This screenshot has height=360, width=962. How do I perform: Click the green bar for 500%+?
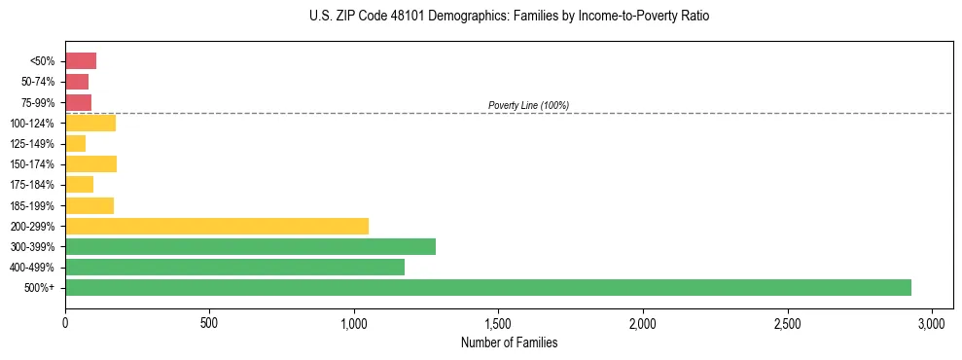click(x=487, y=287)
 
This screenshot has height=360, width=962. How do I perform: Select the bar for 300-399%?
click(x=250, y=246)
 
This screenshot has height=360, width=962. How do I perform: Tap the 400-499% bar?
click(x=234, y=267)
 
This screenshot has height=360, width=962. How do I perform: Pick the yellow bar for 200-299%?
click(x=217, y=226)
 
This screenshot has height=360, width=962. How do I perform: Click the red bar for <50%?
click(x=81, y=61)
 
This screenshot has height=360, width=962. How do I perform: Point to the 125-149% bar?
click(x=76, y=144)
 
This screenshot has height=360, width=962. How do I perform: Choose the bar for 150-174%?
click(x=90, y=164)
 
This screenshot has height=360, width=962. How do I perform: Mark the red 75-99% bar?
click(x=78, y=102)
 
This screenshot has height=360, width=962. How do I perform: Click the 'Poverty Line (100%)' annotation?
click(x=528, y=105)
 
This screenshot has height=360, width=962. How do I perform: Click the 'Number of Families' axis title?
click(x=509, y=342)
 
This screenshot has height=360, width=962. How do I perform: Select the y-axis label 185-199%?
click(x=32, y=205)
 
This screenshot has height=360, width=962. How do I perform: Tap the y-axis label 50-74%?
click(x=37, y=82)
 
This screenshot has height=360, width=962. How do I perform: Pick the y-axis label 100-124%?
click(x=32, y=124)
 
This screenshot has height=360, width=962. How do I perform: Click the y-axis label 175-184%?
click(x=32, y=185)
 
